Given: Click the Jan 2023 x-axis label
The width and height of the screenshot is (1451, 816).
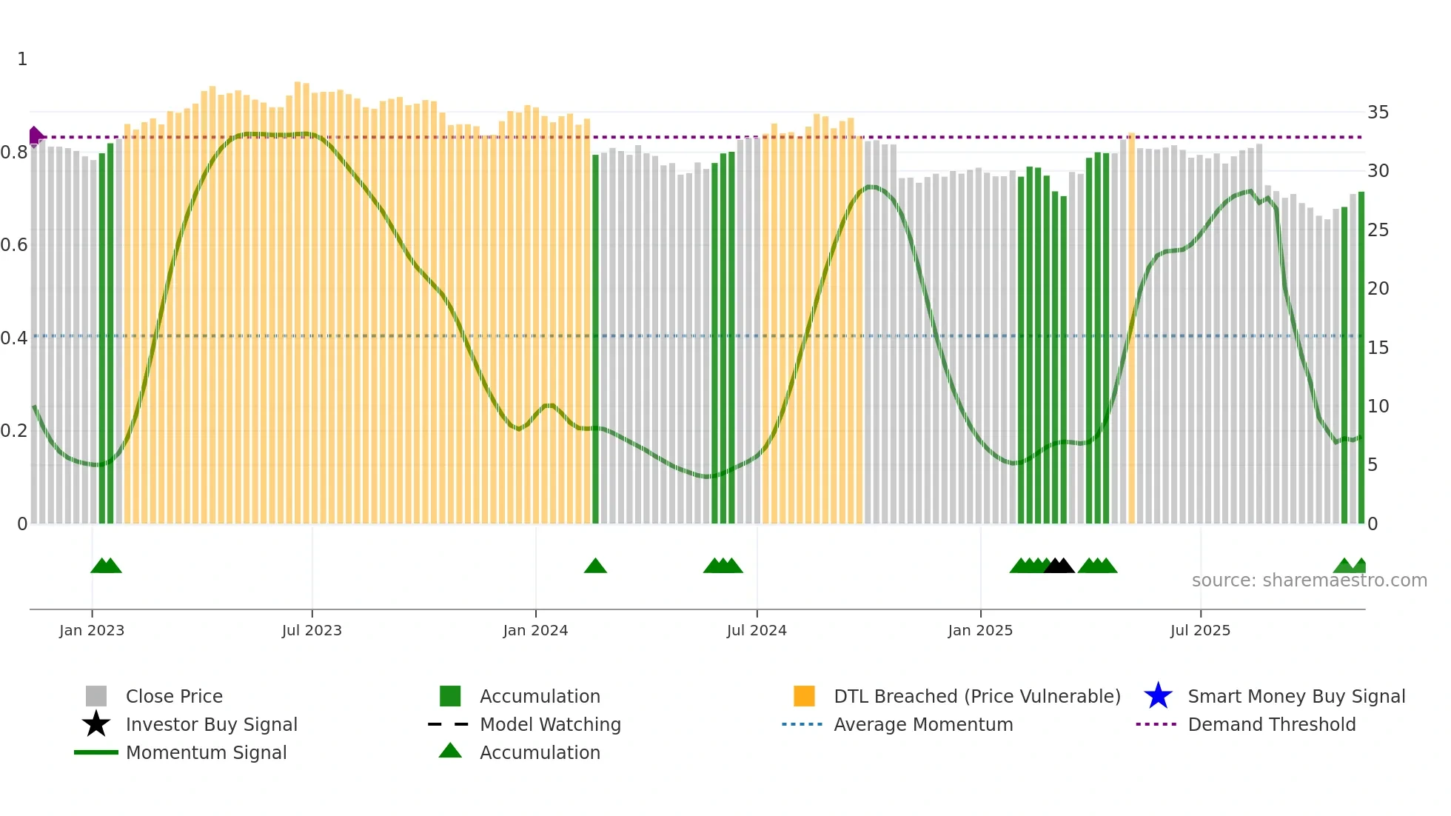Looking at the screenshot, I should point(92,630).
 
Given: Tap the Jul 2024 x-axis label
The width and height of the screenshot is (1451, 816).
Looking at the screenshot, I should point(757,630).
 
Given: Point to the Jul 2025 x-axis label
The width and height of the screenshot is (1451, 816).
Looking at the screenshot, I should point(1200,630).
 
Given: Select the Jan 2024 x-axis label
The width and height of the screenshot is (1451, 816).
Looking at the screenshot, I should point(535,630).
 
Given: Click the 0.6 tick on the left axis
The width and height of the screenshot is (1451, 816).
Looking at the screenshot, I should point(14,245).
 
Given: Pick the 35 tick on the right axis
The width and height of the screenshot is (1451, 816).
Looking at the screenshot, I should point(1378,113).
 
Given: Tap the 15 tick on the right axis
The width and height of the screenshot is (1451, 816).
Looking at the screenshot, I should point(1378,347).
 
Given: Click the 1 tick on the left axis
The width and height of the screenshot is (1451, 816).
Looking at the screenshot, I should point(22,59).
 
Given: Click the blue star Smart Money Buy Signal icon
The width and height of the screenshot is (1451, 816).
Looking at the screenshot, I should point(1158,696).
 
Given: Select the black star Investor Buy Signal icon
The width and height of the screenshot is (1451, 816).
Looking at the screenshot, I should point(96,724).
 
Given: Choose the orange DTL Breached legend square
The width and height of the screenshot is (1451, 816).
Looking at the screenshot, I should point(804,696).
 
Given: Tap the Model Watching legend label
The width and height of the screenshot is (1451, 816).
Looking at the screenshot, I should point(550,724).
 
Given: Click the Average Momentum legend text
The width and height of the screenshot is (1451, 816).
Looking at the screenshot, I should point(923,724).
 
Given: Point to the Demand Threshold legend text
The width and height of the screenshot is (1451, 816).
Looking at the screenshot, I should point(1271,724).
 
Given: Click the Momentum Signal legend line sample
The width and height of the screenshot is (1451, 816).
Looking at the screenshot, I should point(96,752).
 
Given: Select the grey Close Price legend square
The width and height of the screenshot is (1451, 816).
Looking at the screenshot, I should point(96,696).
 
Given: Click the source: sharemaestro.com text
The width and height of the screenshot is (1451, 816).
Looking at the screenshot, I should point(1309,581).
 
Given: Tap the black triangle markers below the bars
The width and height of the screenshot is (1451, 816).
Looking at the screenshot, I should point(1059,566).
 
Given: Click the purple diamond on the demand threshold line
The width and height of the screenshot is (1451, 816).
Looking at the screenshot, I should point(35,136).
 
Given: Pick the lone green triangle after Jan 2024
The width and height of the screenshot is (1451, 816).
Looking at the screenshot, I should point(595,566).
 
